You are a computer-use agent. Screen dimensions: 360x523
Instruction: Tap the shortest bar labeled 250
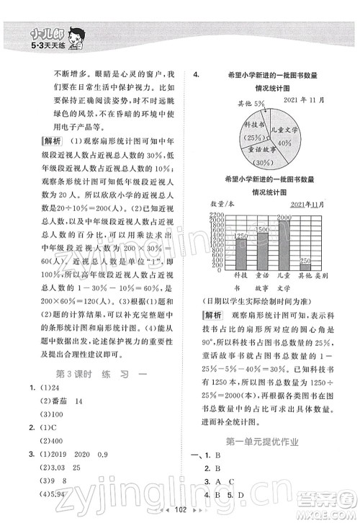(305, 264)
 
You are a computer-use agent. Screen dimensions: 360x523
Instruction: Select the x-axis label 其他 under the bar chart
(305, 276)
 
